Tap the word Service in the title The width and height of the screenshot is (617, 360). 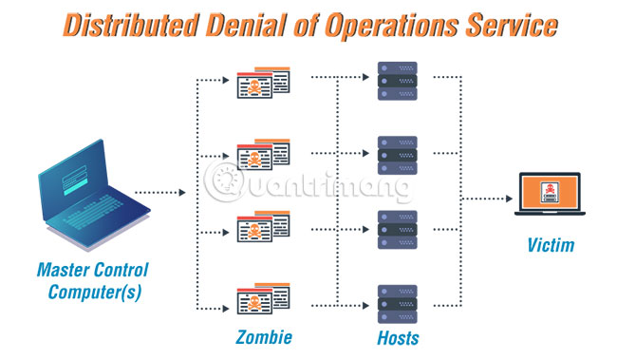click(x=512, y=27)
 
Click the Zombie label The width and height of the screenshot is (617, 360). click(x=263, y=337)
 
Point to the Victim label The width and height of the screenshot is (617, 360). click(x=551, y=246)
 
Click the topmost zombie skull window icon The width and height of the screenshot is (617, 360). click(x=262, y=83)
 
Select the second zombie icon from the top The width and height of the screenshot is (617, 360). click(x=262, y=154)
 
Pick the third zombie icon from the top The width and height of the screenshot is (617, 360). click(x=262, y=226)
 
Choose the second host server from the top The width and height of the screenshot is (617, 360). click(x=395, y=154)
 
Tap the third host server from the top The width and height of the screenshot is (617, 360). click(x=395, y=228)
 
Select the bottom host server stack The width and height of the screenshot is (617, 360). click(x=395, y=302)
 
